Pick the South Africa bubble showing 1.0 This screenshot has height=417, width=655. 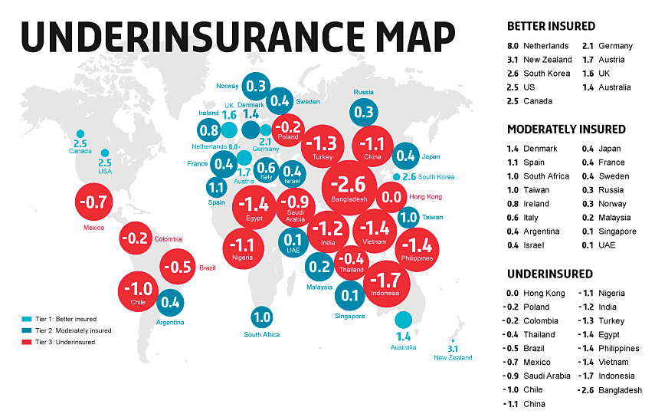click(262, 317)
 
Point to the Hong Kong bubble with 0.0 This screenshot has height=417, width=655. click(391, 197)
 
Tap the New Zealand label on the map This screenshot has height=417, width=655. click(449, 358)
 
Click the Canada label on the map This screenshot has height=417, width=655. click(80, 150)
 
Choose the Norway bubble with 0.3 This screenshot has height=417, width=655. click(256, 87)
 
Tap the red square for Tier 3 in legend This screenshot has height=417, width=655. click(27, 342)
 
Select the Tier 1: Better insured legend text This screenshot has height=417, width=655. click(66, 319)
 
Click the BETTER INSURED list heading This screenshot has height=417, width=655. click(551, 26)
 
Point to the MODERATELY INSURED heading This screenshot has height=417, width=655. click(566, 129)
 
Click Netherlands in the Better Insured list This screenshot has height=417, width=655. click(545, 46)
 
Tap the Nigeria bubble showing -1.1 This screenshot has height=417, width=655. click(243, 248)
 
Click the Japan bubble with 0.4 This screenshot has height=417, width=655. click(406, 156)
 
